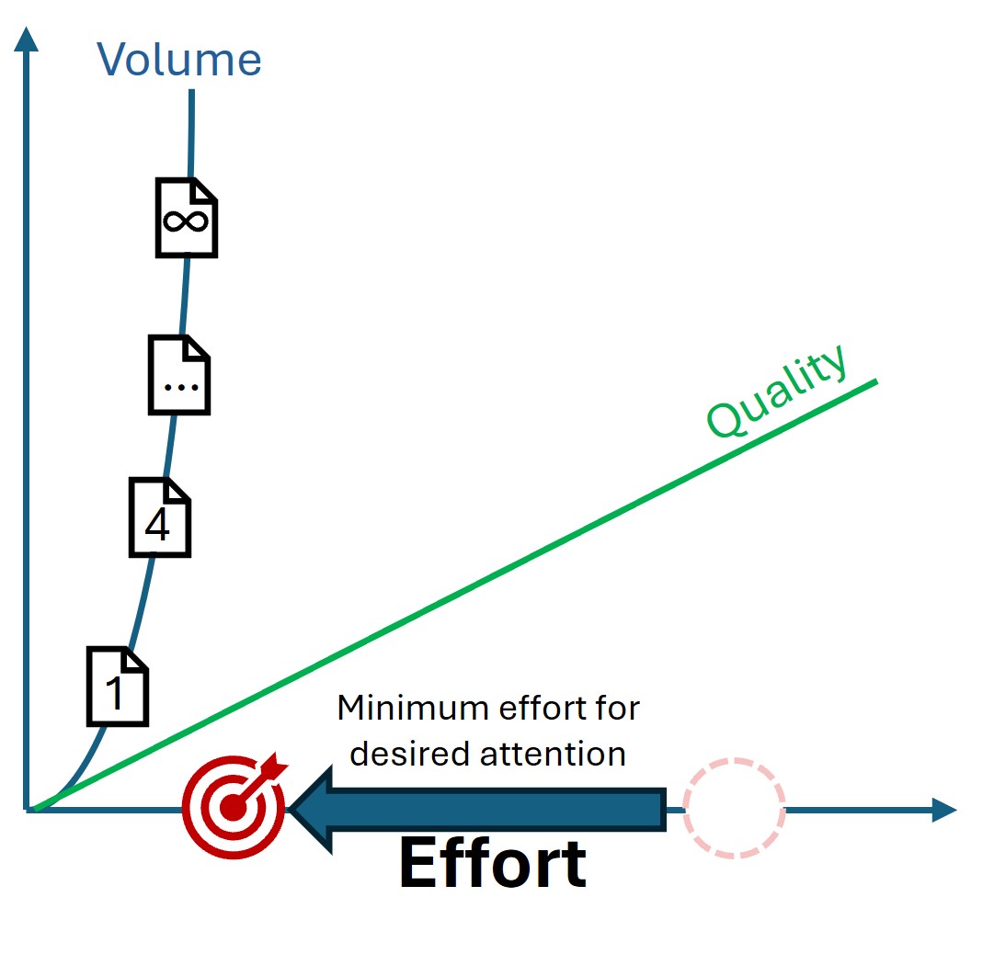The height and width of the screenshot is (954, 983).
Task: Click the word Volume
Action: [179, 60]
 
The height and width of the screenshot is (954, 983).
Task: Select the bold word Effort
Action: [492, 863]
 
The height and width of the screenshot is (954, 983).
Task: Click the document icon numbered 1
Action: [118, 686]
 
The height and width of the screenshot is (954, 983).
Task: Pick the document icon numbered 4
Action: [159, 517]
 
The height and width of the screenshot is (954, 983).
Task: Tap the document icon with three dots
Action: [179, 375]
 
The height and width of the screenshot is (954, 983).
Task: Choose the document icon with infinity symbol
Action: [187, 218]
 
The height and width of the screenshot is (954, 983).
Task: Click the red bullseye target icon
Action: [234, 807]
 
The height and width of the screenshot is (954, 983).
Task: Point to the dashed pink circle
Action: [735, 808]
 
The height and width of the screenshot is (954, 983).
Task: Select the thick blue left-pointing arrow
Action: [478, 809]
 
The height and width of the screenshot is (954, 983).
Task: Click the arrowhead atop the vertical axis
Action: [28, 39]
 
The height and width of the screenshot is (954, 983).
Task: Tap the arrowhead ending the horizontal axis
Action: [944, 810]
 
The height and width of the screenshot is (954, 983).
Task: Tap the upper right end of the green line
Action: [876, 380]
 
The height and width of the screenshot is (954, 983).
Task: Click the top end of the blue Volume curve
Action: [192, 92]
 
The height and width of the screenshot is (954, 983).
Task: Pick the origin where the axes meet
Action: [29, 810]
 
